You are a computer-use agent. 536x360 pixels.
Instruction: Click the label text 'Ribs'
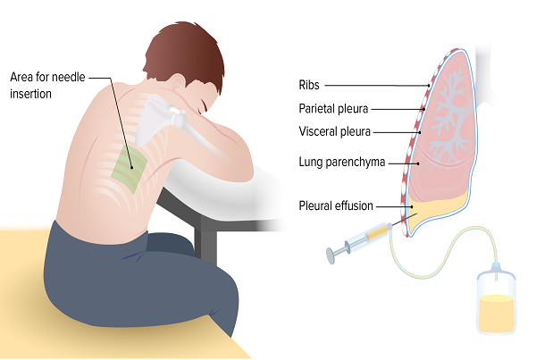(309, 85)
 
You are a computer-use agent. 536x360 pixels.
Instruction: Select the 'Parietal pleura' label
(333, 109)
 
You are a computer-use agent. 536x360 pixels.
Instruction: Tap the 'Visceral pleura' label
(335, 131)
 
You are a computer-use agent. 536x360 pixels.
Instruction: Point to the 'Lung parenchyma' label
(342, 162)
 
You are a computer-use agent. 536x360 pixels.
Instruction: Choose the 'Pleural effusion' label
(336, 205)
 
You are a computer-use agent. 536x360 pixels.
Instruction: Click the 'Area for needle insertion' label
(47, 85)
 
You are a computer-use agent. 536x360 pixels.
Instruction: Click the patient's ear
(178, 83)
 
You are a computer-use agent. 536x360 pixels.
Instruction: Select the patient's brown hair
(187, 51)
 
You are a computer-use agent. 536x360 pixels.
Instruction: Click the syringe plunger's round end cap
(331, 255)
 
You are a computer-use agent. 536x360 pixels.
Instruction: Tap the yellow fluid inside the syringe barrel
(377, 233)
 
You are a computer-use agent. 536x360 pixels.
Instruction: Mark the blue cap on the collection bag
(496, 267)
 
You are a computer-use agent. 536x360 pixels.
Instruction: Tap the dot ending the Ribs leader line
(428, 86)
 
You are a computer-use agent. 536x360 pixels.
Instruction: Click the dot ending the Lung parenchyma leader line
(418, 163)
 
